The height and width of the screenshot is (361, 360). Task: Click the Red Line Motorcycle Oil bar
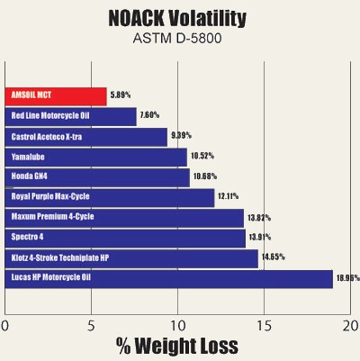coord(71,116)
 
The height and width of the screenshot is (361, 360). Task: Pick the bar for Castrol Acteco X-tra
coord(86,137)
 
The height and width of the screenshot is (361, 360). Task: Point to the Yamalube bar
coord(96,157)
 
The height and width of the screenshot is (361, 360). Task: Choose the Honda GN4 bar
coord(97,176)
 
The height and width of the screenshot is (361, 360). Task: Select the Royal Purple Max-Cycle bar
coord(110,196)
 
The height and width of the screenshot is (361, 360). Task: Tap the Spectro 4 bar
coord(125,238)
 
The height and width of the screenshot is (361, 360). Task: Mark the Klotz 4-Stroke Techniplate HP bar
coord(131,257)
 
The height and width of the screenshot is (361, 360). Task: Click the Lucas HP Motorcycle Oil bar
coord(169,278)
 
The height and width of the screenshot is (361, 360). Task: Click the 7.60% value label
coord(151,116)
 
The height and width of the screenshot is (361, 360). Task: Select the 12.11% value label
coord(230,196)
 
